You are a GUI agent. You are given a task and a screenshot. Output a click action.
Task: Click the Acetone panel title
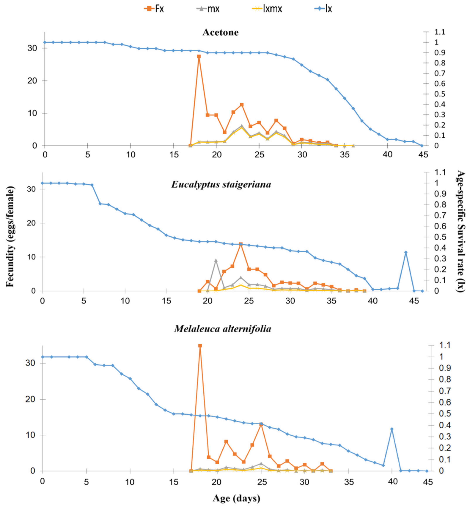(x=221, y=32)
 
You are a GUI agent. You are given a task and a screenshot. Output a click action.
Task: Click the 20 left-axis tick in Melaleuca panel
(x=30, y=399)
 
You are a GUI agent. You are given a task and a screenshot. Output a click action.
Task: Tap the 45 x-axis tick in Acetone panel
(x=423, y=155)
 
